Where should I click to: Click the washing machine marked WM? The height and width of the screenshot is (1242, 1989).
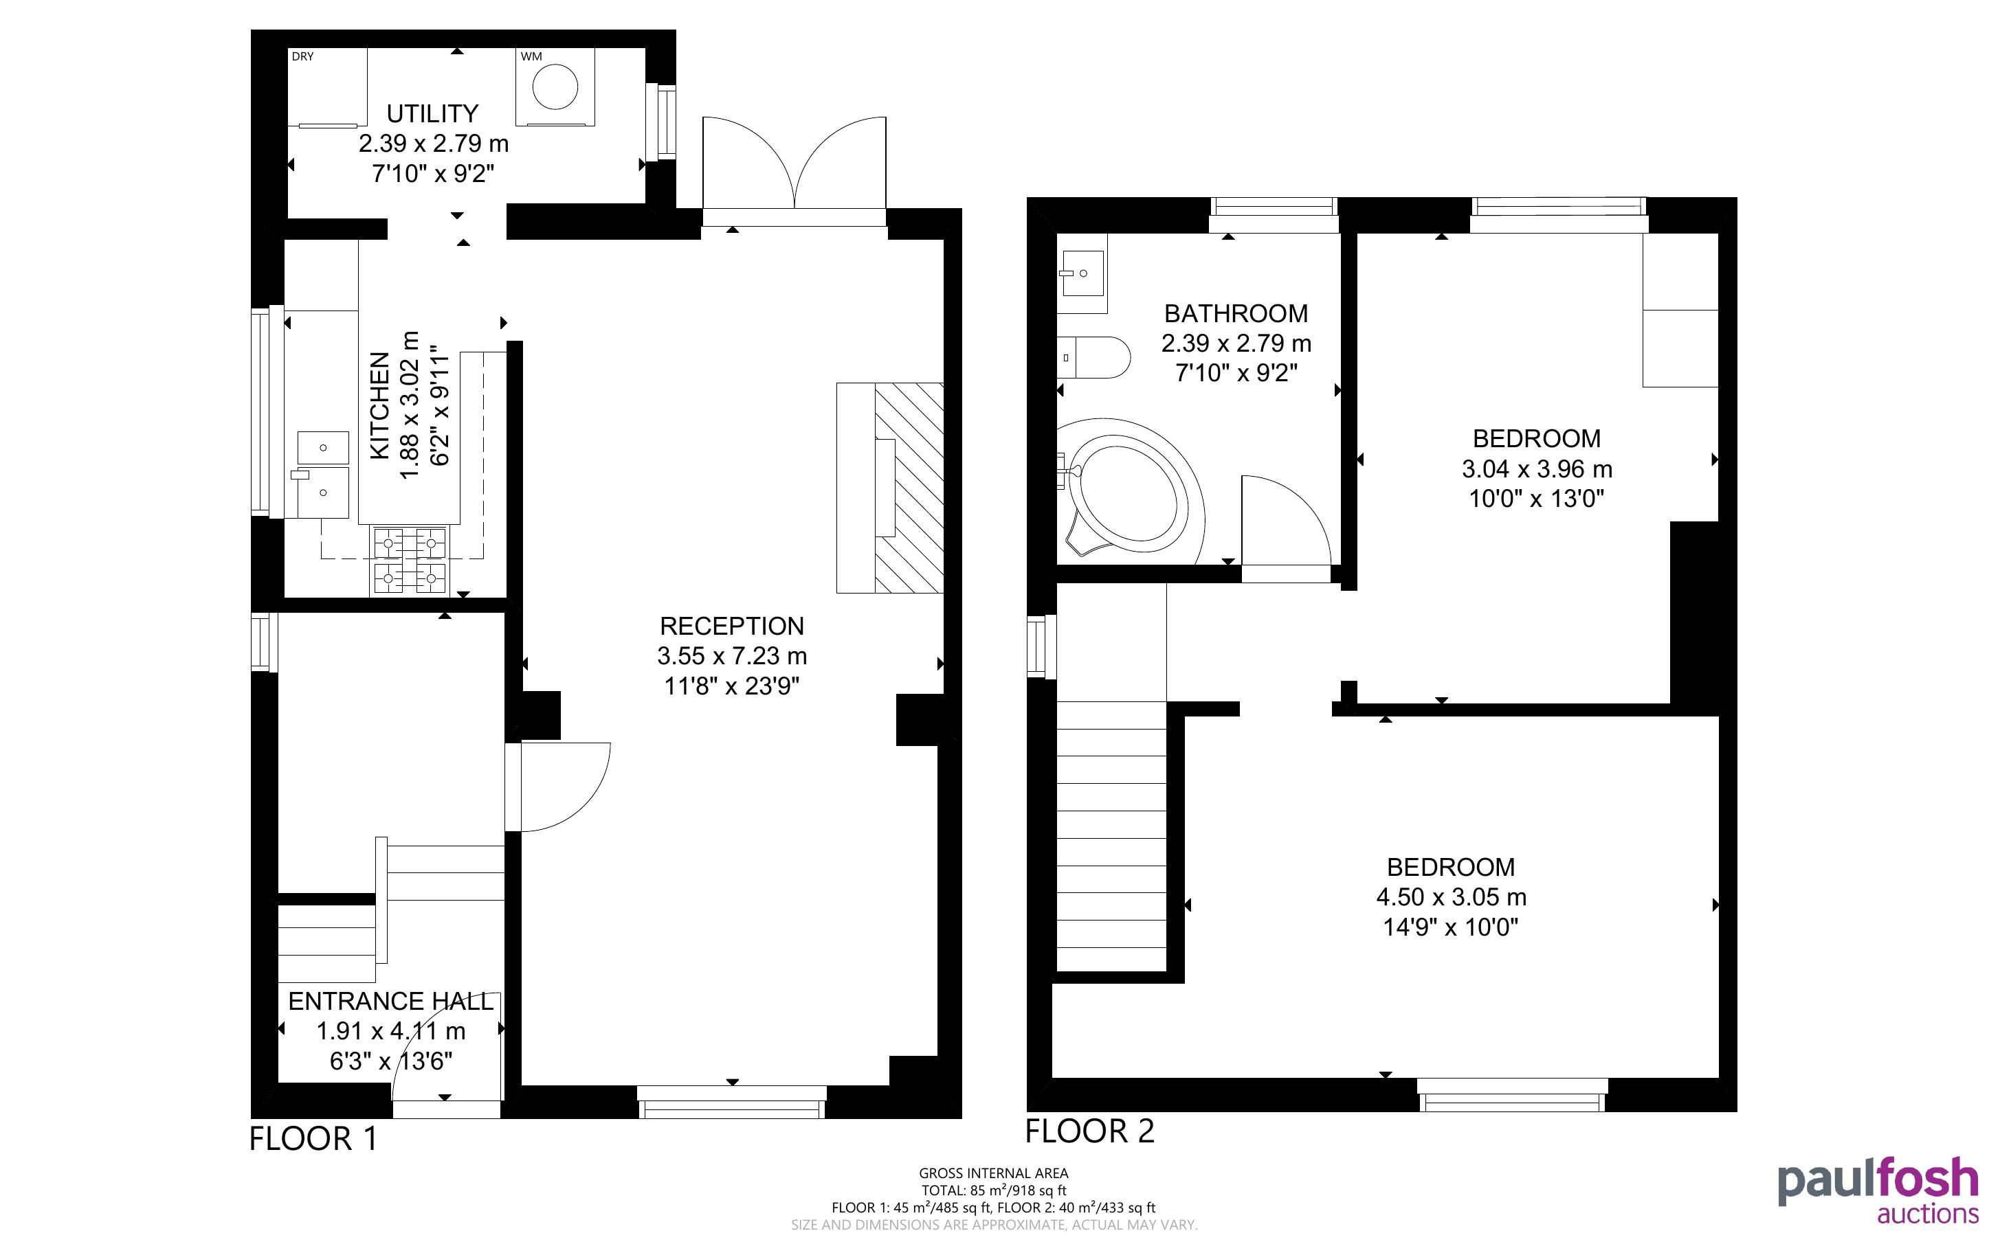click(x=555, y=87)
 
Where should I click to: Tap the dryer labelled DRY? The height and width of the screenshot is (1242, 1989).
click(x=327, y=87)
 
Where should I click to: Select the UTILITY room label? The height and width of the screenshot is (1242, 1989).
click(x=432, y=113)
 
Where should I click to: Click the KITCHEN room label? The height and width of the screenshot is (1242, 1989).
click(x=379, y=406)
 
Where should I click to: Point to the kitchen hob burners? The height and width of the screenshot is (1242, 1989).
click(x=410, y=561)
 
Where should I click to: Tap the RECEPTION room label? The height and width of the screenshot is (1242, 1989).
click(x=731, y=626)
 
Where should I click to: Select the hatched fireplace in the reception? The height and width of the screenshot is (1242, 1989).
click(x=909, y=488)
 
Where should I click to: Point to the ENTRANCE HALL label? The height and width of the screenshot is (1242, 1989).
click(x=391, y=1002)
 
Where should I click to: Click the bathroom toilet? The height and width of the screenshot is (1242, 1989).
click(x=1093, y=357)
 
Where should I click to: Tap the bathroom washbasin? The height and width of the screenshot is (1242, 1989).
click(x=1082, y=273)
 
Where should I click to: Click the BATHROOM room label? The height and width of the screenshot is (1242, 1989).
click(x=1236, y=314)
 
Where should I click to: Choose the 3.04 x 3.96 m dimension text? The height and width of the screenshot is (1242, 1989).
click(x=1536, y=469)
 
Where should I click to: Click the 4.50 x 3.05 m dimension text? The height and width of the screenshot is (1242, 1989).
click(x=1451, y=897)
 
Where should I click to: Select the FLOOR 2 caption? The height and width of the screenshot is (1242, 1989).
click(x=1089, y=1132)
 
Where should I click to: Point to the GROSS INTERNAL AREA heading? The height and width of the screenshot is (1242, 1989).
click(x=993, y=1174)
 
